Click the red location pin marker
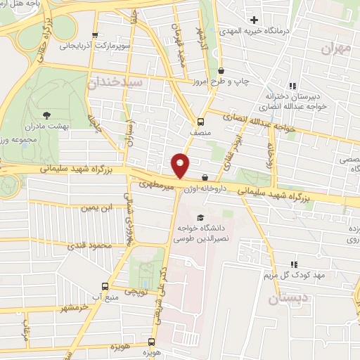tap(181, 165)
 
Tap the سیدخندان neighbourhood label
tap(117, 82)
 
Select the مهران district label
tap(335, 48)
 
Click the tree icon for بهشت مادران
tap(47, 114)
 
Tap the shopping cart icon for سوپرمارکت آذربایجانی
tap(95, 34)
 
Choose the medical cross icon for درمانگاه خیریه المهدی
tap(254, 20)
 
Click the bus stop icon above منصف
tap(202, 120)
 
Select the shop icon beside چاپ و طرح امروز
tap(221, 70)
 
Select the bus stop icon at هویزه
tap(153, 336)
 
